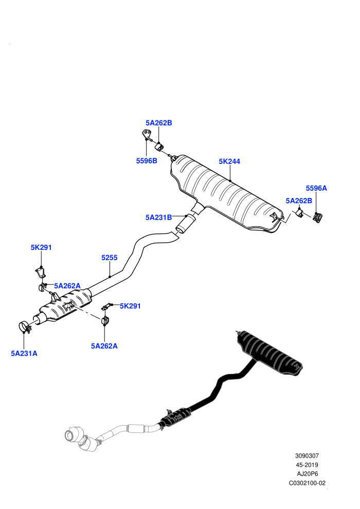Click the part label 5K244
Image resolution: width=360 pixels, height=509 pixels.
(x=229, y=161)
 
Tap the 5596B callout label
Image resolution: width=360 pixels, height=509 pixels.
(x=147, y=161)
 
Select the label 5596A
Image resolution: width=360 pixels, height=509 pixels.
(x=316, y=188)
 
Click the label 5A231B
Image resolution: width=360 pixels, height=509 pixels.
(x=158, y=217)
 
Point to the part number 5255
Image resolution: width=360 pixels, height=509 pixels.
(x=110, y=258)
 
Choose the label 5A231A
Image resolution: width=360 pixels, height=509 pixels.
(x=24, y=353)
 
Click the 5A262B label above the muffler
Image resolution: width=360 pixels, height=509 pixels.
(x=159, y=123)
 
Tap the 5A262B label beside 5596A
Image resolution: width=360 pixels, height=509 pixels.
(x=299, y=201)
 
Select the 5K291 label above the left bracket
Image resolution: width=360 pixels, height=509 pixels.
(x=41, y=247)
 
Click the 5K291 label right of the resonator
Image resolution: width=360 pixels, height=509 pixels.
(x=130, y=306)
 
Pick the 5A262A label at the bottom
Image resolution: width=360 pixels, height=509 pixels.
(x=104, y=346)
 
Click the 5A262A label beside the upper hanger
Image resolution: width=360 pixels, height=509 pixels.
(x=67, y=286)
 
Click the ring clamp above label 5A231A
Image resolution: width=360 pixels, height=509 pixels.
(x=24, y=326)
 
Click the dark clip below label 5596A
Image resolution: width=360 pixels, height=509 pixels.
(x=317, y=217)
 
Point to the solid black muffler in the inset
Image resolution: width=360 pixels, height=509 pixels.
(x=269, y=352)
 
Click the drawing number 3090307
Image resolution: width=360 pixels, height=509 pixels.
(x=307, y=456)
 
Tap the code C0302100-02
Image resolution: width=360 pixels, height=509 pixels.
(x=307, y=483)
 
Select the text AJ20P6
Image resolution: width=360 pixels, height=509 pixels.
(x=307, y=474)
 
